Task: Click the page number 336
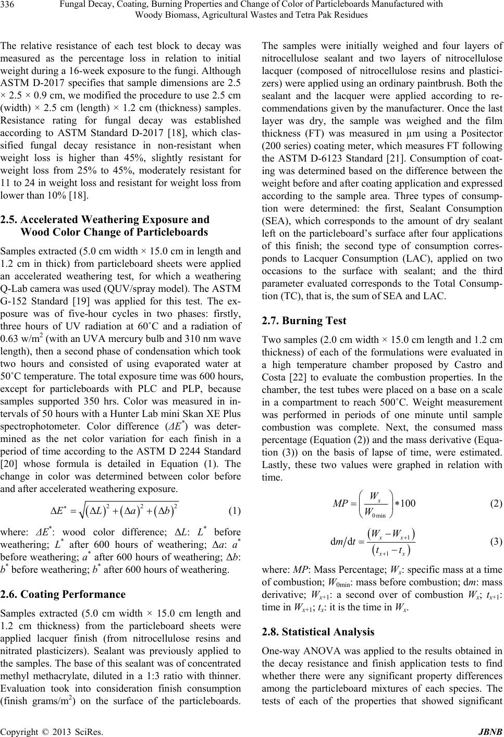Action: pyautogui.click(x=9, y=5)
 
